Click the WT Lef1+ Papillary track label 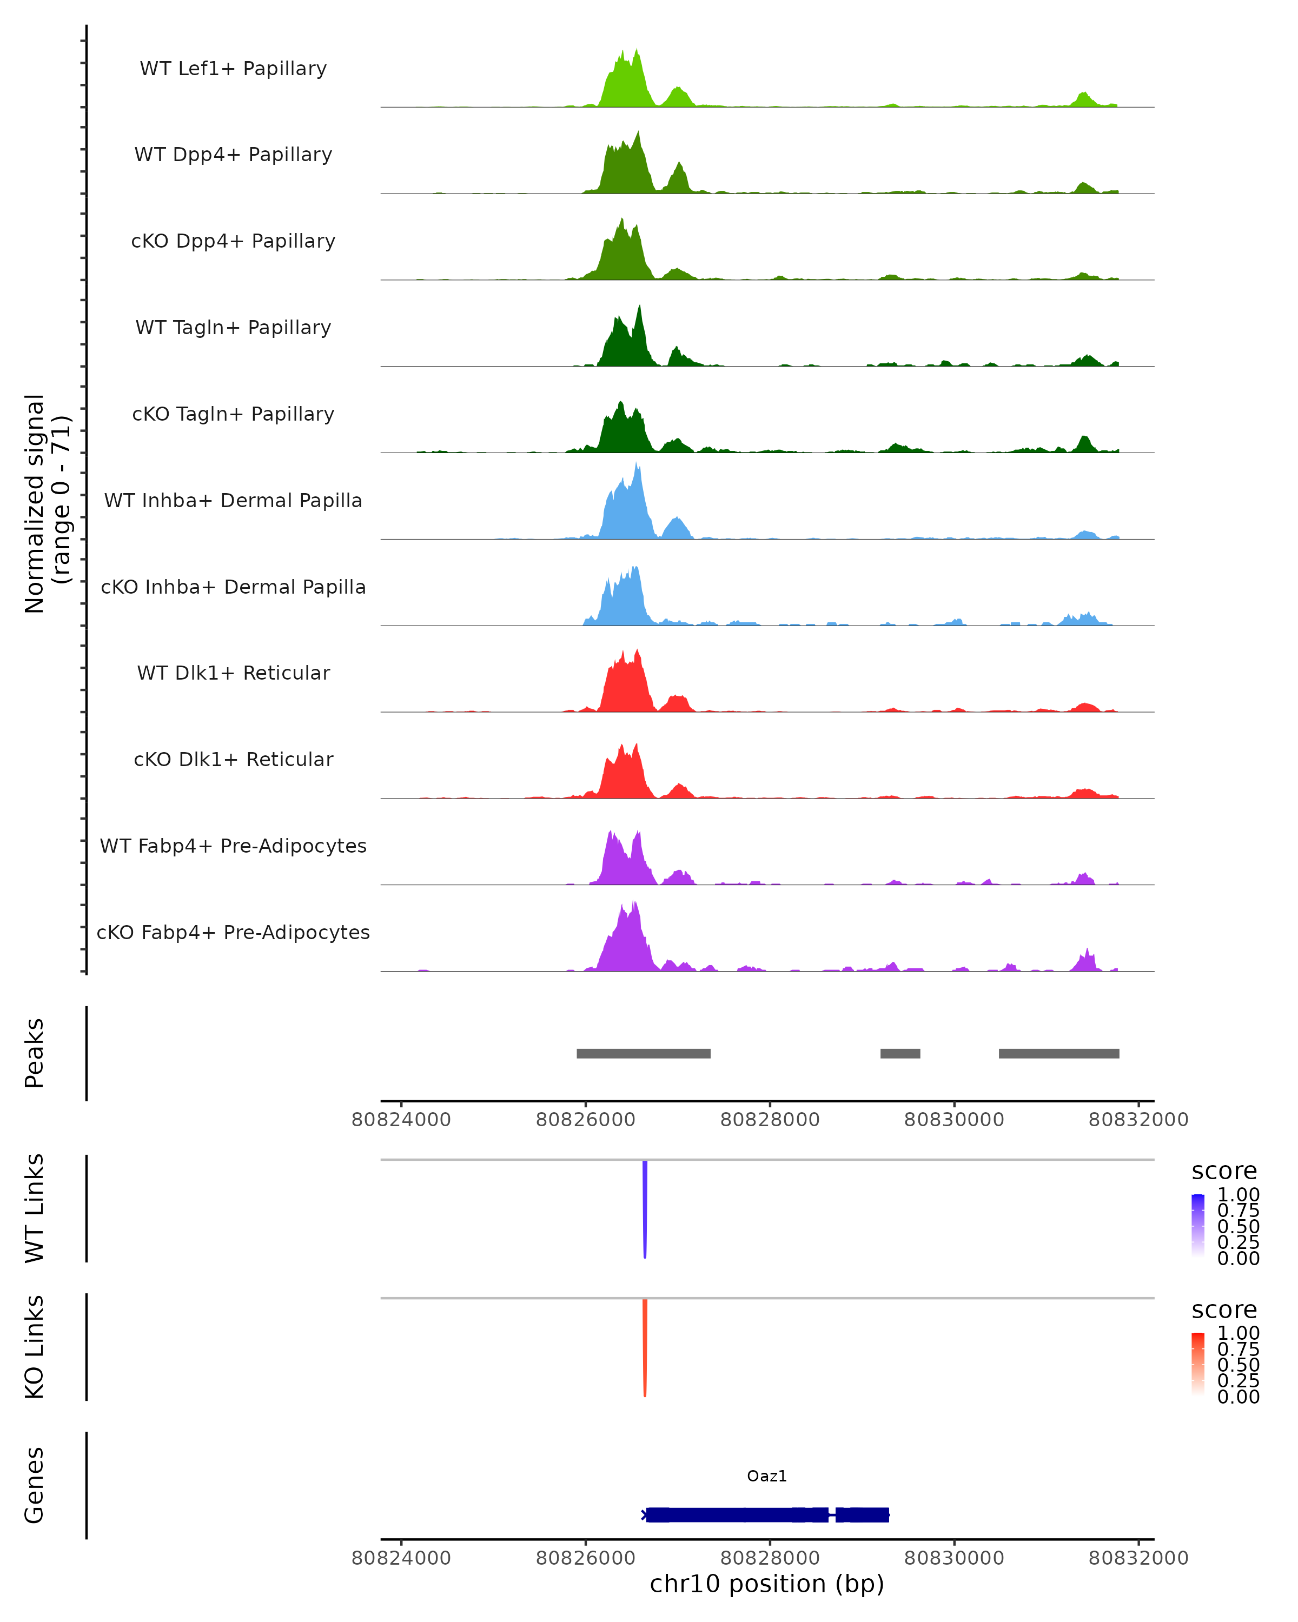(x=233, y=69)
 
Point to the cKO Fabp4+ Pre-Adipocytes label (x=233, y=932)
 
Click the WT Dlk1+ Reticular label (x=233, y=673)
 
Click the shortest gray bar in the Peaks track (x=900, y=1053)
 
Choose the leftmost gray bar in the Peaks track (x=644, y=1053)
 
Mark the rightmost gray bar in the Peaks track (x=1059, y=1053)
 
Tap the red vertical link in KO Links (x=645, y=1347)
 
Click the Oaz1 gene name (x=767, y=1476)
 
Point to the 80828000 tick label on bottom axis (x=770, y=1558)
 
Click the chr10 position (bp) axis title (x=767, y=1584)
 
